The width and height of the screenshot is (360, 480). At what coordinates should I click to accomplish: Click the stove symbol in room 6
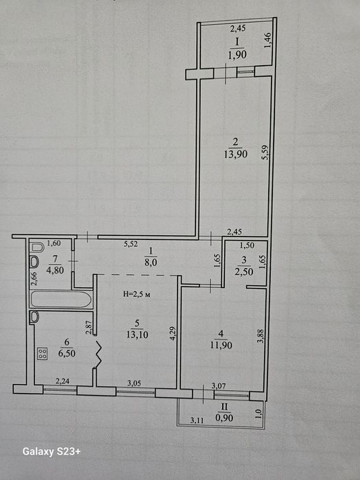(x=43, y=354)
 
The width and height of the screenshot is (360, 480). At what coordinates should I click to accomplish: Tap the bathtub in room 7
(x=61, y=299)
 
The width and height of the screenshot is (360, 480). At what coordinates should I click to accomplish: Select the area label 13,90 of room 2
(x=236, y=154)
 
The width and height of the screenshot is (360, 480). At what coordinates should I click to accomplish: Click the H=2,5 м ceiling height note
(x=137, y=294)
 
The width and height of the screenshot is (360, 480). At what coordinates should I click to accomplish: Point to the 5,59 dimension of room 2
(x=265, y=152)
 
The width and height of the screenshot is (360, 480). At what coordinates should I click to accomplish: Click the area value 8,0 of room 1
(x=150, y=262)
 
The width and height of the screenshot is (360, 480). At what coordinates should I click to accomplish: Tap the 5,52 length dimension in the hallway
(x=131, y=244)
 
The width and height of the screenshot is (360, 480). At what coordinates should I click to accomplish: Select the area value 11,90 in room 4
(x=221, y=346)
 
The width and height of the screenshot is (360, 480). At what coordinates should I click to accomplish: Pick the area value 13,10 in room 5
(x=137, y=335)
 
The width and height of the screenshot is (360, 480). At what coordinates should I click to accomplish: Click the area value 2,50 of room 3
(x=244, y=272)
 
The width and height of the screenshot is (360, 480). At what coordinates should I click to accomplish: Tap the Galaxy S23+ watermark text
(x=51, y=452)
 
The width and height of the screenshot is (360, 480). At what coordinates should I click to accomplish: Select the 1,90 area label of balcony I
(x=237, y=55)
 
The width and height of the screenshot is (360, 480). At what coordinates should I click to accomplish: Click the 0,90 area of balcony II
(x=224, y=417)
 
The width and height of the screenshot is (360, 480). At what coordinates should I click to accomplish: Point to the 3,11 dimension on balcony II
(x=197, y=420)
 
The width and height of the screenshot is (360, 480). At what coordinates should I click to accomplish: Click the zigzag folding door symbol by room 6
(x=99, y=355)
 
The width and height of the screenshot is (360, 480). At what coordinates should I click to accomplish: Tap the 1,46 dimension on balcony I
(x=267, y=40)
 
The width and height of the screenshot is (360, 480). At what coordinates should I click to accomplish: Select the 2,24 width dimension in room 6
(x=62, y=381)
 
